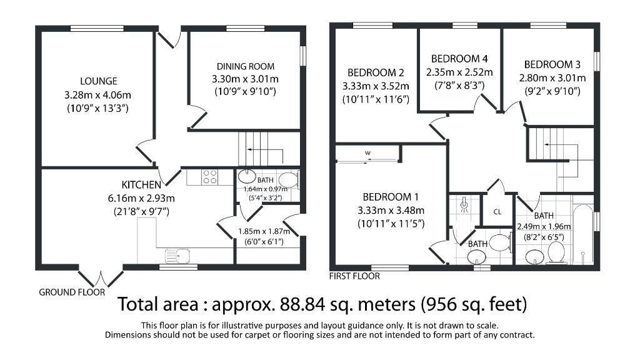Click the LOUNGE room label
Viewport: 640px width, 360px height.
pyautogui.click(x=99, y=81)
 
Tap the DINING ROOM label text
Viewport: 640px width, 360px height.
pyautogui.click(x=246, y=66)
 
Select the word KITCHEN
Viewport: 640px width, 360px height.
pyautogui.click(x=141, y=185)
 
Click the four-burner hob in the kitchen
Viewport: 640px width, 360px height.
pyautogui.click(x=209, y=177)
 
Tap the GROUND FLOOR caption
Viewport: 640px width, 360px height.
pyautogui.click(x=72, y=292)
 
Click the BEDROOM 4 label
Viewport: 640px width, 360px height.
pyautogui.click(x=459, y=59)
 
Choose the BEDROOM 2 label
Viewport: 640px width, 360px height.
pyautogui.click(x=376, y=72)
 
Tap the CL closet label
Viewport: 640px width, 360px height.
pyautogui.click(x=497, y=212)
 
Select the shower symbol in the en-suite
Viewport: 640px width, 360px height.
pyautogui.click(x=464, y=205)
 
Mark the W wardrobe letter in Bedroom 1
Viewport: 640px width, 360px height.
pyautogui.click(x=369, y=152)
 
